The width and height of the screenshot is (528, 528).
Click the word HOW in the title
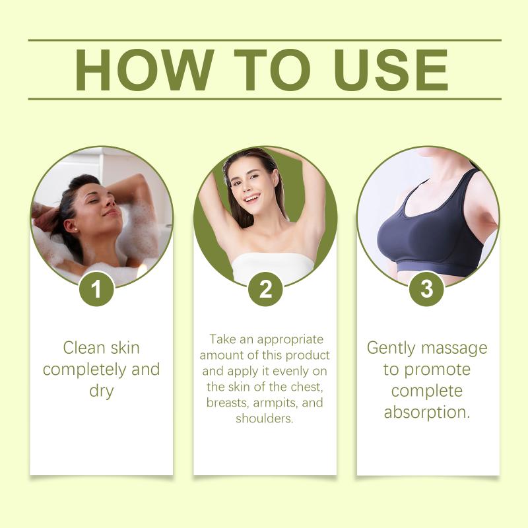click(144, 70)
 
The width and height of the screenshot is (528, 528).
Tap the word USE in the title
click(391, 70)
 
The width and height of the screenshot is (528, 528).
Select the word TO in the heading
click(272, 70)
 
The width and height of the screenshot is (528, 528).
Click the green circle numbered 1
click(96, 289)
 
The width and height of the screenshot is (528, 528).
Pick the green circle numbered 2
click(266, 289)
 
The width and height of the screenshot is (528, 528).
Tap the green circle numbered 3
click(426, 289)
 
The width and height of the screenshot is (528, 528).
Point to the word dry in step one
click(102, 391)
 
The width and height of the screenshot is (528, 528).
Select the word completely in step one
click(85, 370)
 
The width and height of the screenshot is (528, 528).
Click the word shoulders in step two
click(265, 418)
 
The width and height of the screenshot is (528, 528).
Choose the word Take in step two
click(222, 339)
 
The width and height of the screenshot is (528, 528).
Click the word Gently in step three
click(391, 348)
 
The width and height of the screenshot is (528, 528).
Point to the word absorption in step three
click(426, 412)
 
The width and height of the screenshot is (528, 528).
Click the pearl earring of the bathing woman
click(76, 229)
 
